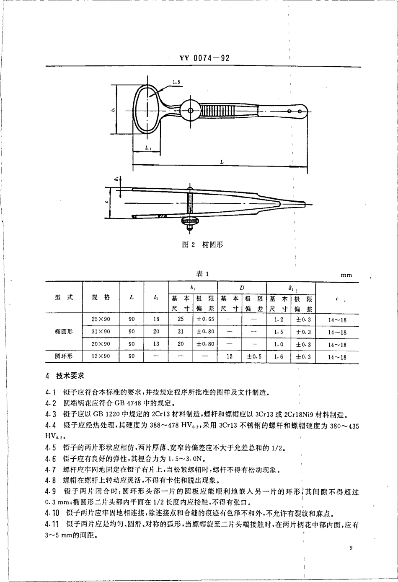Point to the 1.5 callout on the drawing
click(x=176, y=83)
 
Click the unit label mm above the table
click(x=346, y=275)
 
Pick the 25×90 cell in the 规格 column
click(x=101, y=320)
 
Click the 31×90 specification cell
click(x=101, y=332)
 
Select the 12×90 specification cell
click(x=101, y=357)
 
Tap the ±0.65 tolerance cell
click(x=205, y=320)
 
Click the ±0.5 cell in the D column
click(x=254, y=357)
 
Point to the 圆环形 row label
click(x=64, y=357)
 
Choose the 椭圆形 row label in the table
click(x=64, y=332)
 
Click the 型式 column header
click(x=64, y=297)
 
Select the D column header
click(x=242, y=288)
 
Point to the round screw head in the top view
click(x=190, y=111)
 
